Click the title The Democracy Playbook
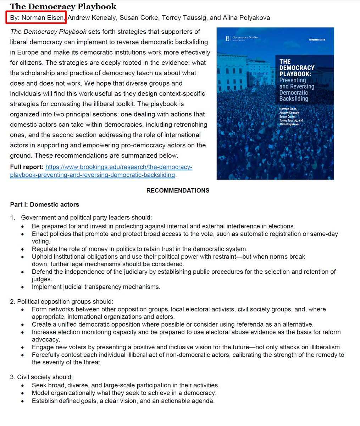[63, 6]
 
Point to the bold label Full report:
[27, 167]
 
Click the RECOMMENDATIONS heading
[178, 191]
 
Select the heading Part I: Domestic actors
[44, 204]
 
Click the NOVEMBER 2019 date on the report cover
[317, 40]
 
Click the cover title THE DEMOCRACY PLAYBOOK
[297, 68]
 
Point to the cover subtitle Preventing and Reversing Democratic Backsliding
[297, 89]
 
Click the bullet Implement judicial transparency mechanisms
[96, 287]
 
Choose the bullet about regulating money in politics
[139, 249]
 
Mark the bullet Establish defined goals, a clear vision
[123, 401]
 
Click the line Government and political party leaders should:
[86, 218]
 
